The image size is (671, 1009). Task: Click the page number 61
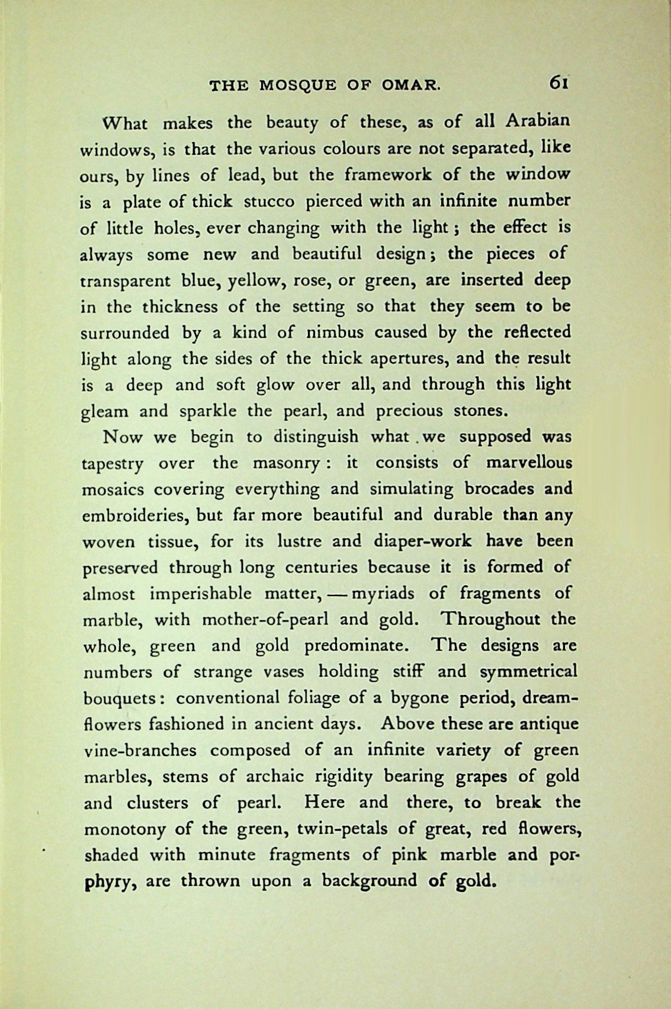559,82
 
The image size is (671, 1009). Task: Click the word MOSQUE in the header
298,86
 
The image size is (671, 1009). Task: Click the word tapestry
112,464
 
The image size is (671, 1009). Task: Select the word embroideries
135,515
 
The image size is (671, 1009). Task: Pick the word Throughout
491,620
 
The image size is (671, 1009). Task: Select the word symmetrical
528,672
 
